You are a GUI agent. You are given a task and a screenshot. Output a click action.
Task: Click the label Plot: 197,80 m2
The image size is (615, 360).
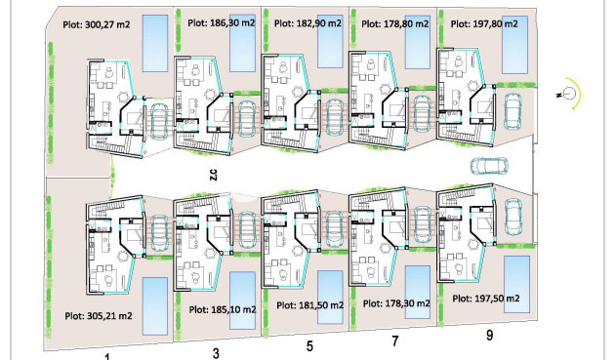(x=481, y=25)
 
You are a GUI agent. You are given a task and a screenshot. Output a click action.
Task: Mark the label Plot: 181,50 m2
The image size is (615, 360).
(x=309, y=305)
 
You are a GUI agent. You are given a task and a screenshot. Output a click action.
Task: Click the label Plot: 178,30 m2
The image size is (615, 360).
(x=396, y=303)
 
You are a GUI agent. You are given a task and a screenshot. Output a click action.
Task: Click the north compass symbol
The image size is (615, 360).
(x=569, y=94)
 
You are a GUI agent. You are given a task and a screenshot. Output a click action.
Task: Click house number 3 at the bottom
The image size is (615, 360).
(x=216, y=352)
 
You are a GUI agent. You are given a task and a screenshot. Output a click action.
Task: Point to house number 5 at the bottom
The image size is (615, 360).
(x=309, y=345)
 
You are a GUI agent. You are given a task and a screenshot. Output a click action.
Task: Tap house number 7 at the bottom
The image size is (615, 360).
(x=395, y=340)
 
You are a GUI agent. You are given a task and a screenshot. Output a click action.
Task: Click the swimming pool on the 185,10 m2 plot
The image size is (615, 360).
(x=242, y=293)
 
